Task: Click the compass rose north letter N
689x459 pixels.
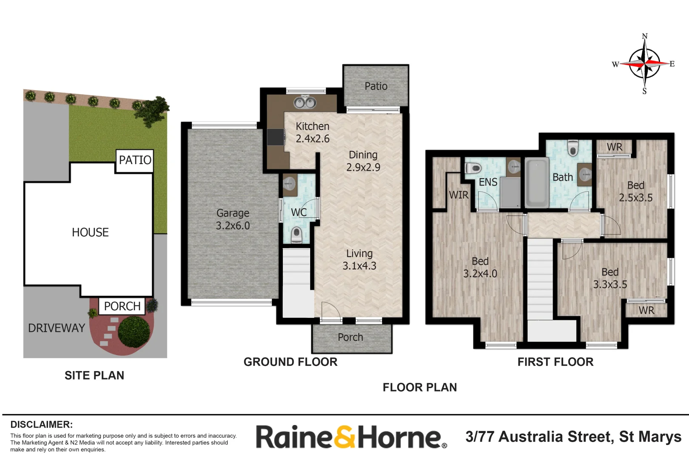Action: pyautogui.click(x=645, y=37)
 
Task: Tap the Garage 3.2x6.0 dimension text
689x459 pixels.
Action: pyautogui.click(x=233, y=226)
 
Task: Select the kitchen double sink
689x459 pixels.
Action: pyautogui.click(x=305, y=102)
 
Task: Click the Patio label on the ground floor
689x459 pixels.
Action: pyautogui.click(x=376, y=86)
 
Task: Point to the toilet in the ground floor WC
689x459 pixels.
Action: pyautogui.click(x=296, y=234)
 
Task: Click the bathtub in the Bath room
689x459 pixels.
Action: pyautogui.click(x=536, y=183)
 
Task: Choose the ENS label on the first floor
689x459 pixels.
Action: pyautogui.click(x=488, y=182)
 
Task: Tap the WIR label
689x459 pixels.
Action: pyautogui.click(x=459, y=195)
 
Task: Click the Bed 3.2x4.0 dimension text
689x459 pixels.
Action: pyautogui.click(x=480, y=274)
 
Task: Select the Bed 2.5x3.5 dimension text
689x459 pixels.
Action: pyautogui.click(x=636, y=198)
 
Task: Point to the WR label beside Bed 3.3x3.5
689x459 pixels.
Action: pyautogui.click(x=646, y=311)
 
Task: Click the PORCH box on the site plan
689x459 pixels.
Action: pyautogui.click(x=122, y=306)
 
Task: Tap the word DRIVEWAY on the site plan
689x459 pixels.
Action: pyautogui.click(x=57, y=328)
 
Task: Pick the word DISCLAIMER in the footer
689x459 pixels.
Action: pyautogui.click(x=41, y=425)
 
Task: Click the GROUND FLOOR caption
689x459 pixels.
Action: pyautogui.click(x=290, y=362)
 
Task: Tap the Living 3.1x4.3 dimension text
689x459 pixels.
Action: pyautogui.click(x=359, y=266)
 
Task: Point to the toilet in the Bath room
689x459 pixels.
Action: pyautogui.click(x=573, y=148)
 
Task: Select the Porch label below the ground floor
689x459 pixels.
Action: pyautogui.click(x=350, y=337)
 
